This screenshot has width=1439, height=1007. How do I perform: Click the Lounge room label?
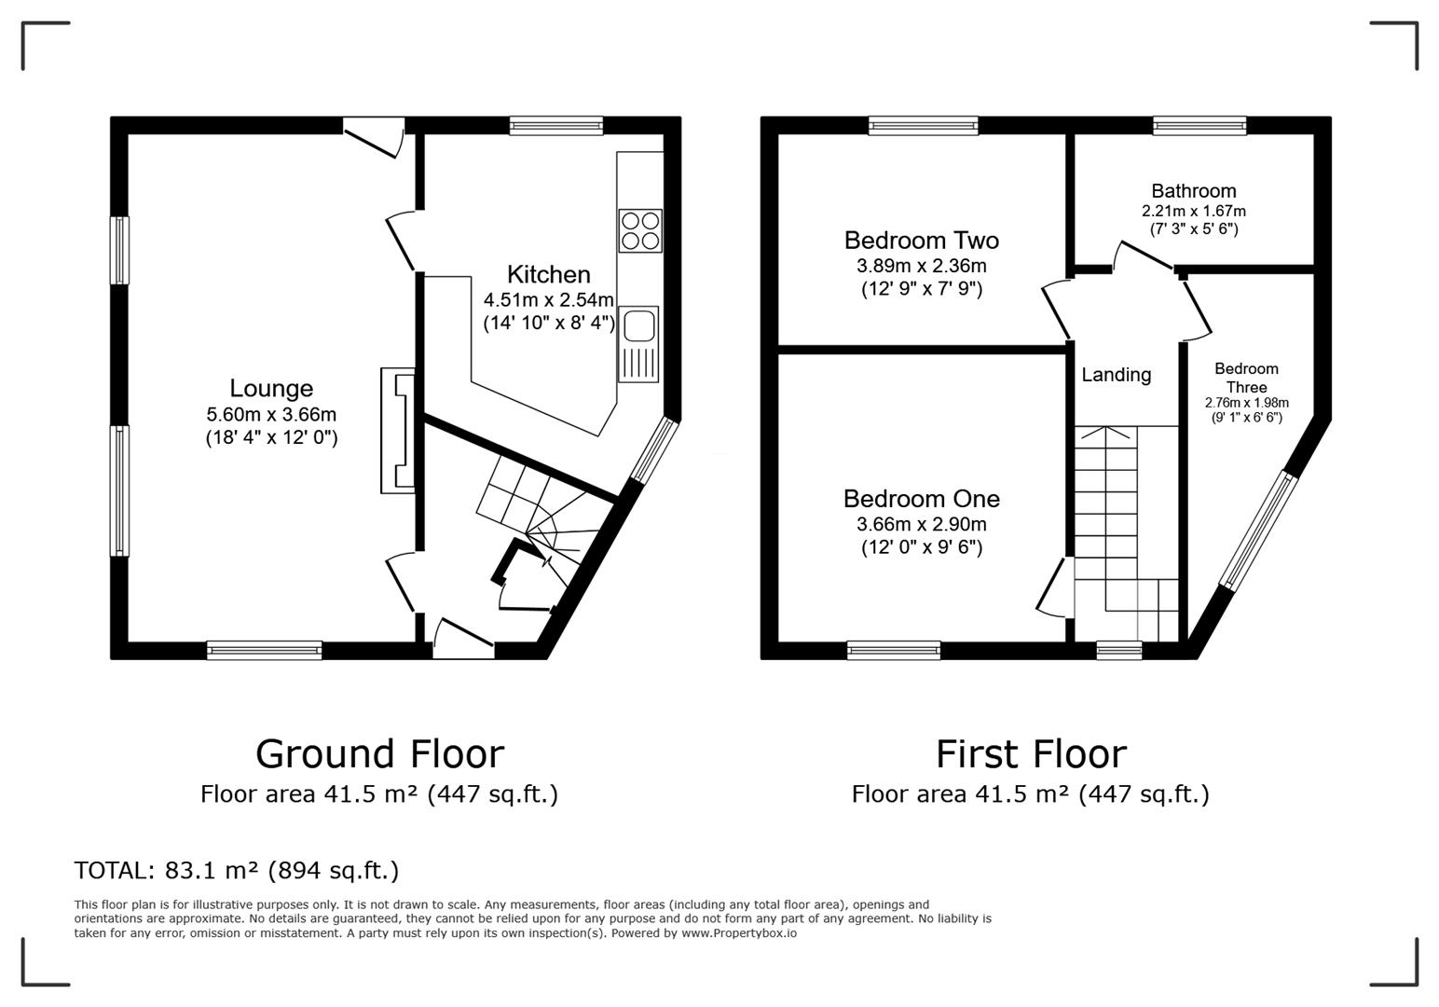[271, 389]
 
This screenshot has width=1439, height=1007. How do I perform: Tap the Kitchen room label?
[548, 275]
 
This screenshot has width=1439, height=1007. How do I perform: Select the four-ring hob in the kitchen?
[640, 230]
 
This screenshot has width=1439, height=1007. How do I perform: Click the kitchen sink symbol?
[638, 343]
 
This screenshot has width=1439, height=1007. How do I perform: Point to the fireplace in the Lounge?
[397, 430]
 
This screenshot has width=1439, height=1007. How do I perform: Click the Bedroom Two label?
[921, 241]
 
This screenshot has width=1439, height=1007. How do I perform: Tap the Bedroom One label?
[921, 499]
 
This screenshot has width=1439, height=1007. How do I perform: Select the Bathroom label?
[1193, 191]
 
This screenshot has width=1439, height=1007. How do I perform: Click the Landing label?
[1116, 375]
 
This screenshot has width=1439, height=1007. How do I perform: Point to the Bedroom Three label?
[1246, 378]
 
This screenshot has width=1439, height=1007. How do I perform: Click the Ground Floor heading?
[379, 753]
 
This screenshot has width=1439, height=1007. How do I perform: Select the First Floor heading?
[1031, 753]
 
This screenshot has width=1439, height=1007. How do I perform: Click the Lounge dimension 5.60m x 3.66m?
[271, 415]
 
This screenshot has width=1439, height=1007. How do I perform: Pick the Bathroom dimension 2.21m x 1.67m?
[1193, 212]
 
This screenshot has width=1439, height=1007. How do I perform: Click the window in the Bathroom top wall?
[1199, 126]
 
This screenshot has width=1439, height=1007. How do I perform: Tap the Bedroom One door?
[1050, 587]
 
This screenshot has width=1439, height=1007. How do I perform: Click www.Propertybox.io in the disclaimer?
[739, 932]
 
